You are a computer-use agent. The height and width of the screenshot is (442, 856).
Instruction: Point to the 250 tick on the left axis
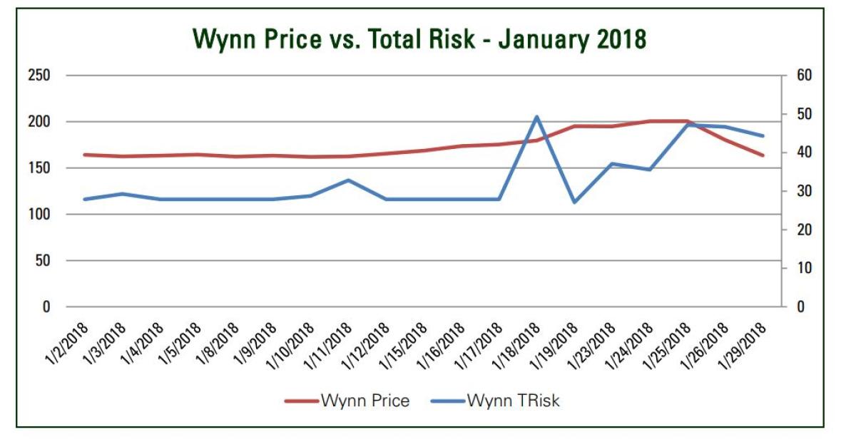pyautogui.click(x=40, y=76)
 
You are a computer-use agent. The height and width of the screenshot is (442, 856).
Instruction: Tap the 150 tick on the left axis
pyautogui.click(x=40, y=168)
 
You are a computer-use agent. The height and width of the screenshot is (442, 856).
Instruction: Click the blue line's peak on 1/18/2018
pyautogui.click(x=536, y=116)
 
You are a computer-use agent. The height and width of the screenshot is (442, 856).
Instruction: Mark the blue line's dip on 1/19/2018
pyautogui.click(x=574, y=202)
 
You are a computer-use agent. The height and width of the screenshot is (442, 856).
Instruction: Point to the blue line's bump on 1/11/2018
pyautogui.click(x=348, y=180)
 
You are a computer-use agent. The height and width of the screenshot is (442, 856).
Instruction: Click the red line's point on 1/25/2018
pyautogui.click(x=687, y=121)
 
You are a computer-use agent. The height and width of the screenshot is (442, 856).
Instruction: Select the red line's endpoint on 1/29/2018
pyautogui.click(x=763, y=155)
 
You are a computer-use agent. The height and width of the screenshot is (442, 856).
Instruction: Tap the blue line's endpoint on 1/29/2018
pyautogui.click(x=763, y=135)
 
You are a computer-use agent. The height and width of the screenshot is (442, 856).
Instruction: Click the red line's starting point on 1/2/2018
pyautogui.click(x=84, y=155)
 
